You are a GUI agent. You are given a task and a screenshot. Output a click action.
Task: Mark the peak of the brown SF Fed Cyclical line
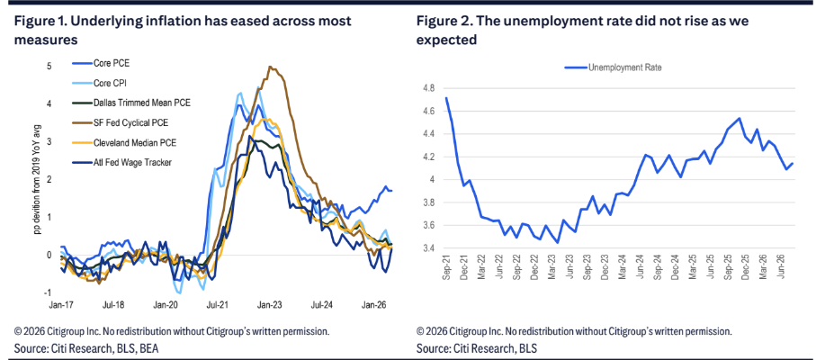[270, 67]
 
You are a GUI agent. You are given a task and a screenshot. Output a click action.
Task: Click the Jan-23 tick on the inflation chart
[267, 301]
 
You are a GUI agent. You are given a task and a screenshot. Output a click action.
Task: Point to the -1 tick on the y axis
[50, 292]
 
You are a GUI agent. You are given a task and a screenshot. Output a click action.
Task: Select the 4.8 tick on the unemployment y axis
[430, 88]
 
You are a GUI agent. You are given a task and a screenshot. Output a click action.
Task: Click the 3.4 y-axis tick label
[430, 248]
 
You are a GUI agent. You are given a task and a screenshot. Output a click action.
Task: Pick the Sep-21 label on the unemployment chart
[446, 269]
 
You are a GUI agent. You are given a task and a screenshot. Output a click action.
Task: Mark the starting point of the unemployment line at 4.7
[446, 98]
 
